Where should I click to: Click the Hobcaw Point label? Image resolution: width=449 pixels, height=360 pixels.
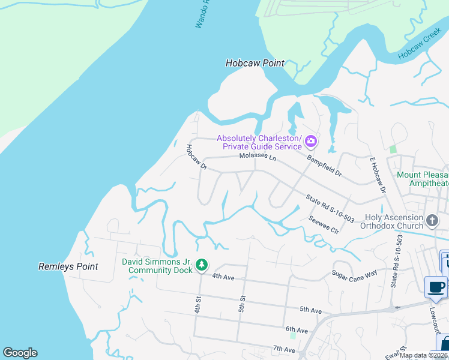pos(255,63)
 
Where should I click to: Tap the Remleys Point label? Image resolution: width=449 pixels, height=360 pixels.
pos(68,266)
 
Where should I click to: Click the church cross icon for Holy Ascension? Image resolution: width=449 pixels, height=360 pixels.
pos(431,221)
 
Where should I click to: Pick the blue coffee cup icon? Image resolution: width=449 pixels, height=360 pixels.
pos(435,286)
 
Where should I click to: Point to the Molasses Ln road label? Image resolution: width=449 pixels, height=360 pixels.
pos(258,157)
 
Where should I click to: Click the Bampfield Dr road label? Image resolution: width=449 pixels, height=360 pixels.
pos(324,166)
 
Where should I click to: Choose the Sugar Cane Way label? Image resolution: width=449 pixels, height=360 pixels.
pos(355,272)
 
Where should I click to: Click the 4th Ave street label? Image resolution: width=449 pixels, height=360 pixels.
pos(223,276)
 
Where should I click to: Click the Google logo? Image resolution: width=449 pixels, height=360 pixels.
pos(20,352)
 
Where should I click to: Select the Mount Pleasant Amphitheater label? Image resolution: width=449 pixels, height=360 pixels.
pos(423,179)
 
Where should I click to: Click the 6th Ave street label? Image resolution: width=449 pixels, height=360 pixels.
pos(297,330)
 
